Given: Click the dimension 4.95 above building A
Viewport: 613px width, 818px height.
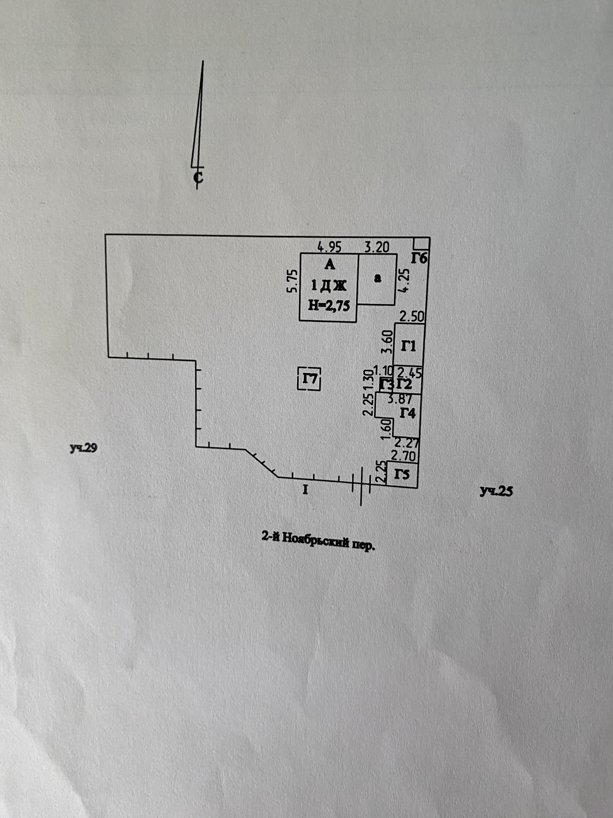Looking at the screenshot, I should coord(329,247).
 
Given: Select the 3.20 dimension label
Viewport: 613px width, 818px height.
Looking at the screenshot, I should coord(377,247).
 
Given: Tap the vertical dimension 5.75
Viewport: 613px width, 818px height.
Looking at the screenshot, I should coord(292,281).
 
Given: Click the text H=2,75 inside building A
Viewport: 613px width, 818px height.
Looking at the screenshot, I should coord(329,305).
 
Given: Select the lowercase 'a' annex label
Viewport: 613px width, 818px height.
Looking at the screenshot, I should coord(377,278).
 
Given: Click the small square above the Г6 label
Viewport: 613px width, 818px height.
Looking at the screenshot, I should coord(421,244).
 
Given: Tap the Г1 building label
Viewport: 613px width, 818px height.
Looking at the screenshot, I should coord(408,346).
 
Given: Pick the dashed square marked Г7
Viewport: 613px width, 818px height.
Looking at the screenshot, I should coord(309,379).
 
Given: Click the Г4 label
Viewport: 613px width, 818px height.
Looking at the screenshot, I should coord(408,413).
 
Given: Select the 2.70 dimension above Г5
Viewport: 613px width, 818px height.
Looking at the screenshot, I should coord(404,456).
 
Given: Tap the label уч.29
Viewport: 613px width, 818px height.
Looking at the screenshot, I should coord(84,448).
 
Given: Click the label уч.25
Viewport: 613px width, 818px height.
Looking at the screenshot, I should coord(496,491).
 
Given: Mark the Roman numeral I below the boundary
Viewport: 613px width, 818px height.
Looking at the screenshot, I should coord(305,490).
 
